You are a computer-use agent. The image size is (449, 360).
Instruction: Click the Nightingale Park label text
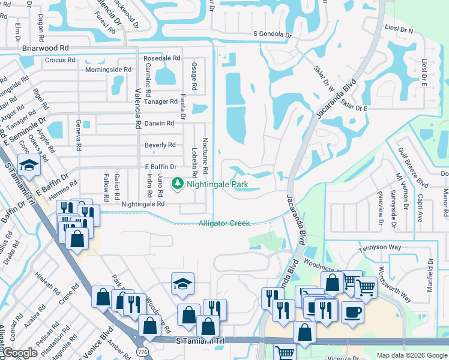pyautogui.click(x=217, y=184)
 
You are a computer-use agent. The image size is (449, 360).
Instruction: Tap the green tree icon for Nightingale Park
pyautogui.click(x=178, y=183)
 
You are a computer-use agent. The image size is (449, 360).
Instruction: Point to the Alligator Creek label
pyautogui.click(x=224, y=223)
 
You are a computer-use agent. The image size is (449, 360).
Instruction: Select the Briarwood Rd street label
pyautogui.click(x=46, y=47)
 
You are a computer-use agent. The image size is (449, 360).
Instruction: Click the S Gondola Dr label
pyautogui.click(x=273, y=35)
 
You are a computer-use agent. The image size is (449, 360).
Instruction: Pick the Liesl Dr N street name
pyautogui.click(x=400, y=30)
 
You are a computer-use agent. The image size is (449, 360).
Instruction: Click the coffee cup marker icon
pyautogui.click(x=352, y=311)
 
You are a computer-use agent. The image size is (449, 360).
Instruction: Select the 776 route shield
pyautogui.click(x=142, y=350)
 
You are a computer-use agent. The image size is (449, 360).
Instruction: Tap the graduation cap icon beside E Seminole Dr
pyautogui.click(x=28, y=163)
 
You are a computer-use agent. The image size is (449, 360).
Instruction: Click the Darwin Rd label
pyautogui.click(x=161, y=123)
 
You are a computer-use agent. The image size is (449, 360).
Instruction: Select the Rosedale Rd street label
pyautogui.click(x=162, y=58)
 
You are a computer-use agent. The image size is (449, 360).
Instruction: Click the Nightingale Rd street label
pyautogui.click(x=143, y=204)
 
